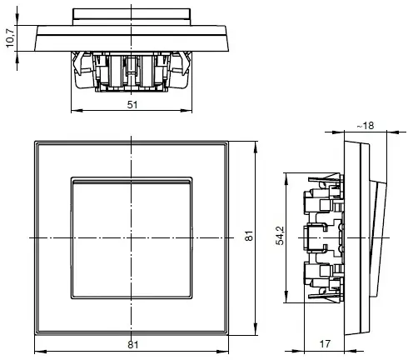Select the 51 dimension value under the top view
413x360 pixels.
pos(132,104)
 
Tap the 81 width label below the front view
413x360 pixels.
pos(132,344)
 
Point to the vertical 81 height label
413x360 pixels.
pos(247,237)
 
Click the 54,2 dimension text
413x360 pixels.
pos(279,237)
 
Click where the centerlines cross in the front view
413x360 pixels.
pos(132,238)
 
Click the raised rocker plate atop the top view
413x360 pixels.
pos(132,14)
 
